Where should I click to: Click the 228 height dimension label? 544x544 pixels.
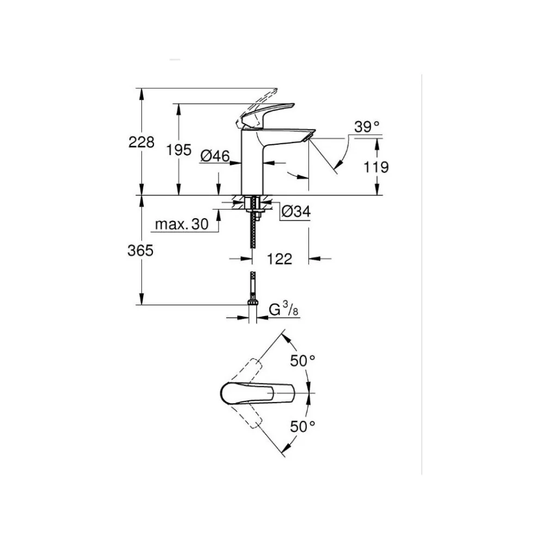[141, 142]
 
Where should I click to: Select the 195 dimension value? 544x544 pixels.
[178, 150]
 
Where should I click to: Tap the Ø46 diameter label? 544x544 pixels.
[215, 156]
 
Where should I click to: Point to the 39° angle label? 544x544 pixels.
[367, 127]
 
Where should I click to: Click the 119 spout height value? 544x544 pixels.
[376, 167]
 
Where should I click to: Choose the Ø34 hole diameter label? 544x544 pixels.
[296, 211]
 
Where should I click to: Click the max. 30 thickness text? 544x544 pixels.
[182, 225]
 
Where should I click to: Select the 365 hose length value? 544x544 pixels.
[140, 250]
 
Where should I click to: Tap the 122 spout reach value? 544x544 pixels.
[280, 259]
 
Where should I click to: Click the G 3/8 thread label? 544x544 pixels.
[283, 309]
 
